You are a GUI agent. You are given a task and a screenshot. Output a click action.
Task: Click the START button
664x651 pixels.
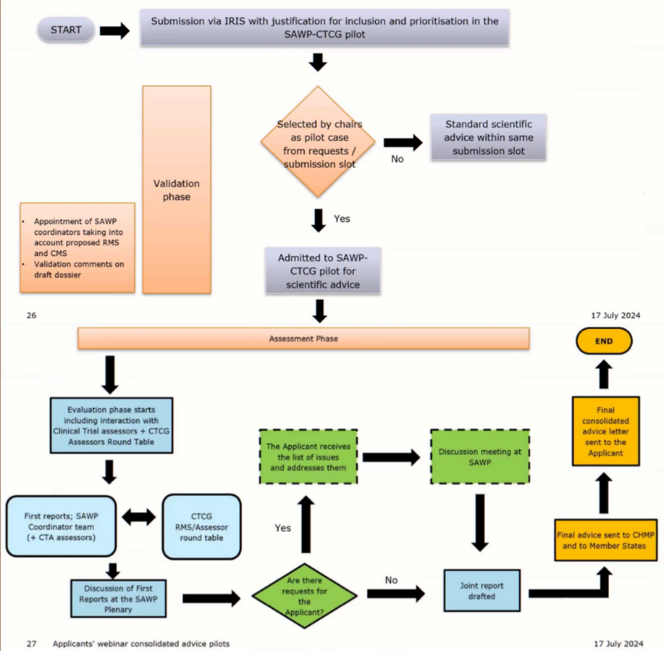coord(66,30)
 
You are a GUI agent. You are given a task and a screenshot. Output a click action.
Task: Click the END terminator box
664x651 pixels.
coord(604,341)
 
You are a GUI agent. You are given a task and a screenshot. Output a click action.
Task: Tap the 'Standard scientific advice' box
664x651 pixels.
coord(488,137)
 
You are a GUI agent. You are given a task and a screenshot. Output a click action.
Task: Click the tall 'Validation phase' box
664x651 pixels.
coord(177,189)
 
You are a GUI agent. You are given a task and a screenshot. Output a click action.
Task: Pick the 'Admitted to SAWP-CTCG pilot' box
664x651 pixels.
coord(321,270)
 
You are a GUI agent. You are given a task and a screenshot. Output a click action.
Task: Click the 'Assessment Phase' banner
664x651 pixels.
coord(303,339)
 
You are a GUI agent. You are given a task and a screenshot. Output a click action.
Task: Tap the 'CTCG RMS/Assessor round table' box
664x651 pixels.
coord(201,526)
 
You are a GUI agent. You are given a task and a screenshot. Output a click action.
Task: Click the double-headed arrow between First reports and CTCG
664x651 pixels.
coord(138,518)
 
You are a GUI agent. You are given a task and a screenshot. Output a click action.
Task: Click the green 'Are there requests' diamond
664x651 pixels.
coord(304,595)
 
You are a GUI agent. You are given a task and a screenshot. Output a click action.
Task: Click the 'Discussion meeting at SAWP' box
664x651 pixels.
coord(479,457)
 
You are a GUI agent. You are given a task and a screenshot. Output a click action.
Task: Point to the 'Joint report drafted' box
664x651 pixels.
coord(482,590)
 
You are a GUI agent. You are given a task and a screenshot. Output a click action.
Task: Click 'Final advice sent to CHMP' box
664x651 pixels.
coord(606,540)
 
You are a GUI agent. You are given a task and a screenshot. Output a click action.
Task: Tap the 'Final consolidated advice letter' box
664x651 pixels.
coord(606,431)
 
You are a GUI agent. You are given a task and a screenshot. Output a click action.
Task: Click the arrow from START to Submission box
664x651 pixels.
coord(114,31)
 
